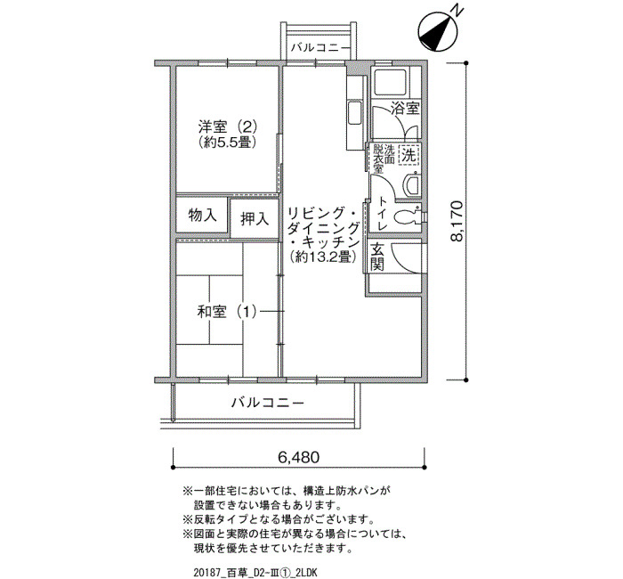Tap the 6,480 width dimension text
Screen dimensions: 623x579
(x=298, y=457)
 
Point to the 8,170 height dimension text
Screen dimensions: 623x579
(x=457, y=221)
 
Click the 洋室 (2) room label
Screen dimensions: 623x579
(x=228, y=127)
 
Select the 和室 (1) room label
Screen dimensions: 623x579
(x=227, y=312)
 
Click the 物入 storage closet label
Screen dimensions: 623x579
(x=203, y=216)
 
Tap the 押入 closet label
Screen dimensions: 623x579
(x=255, y=219)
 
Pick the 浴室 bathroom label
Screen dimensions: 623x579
(x=405, y=108)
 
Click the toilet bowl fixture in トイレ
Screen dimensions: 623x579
(x=407, y=216)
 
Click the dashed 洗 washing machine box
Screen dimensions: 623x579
(x=409, y=155)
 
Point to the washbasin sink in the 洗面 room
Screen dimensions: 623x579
(x=412, y=184)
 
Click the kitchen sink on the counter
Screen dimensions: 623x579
(x=354, y=114)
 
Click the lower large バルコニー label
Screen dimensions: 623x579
(x=268, y=403)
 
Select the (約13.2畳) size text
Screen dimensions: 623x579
(x=322, y=257)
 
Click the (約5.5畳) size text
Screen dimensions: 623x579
(x=227, y=142)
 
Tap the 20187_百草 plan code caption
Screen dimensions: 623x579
(x=219, y=573)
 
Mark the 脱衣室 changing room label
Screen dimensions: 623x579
(x=378, y=159)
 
